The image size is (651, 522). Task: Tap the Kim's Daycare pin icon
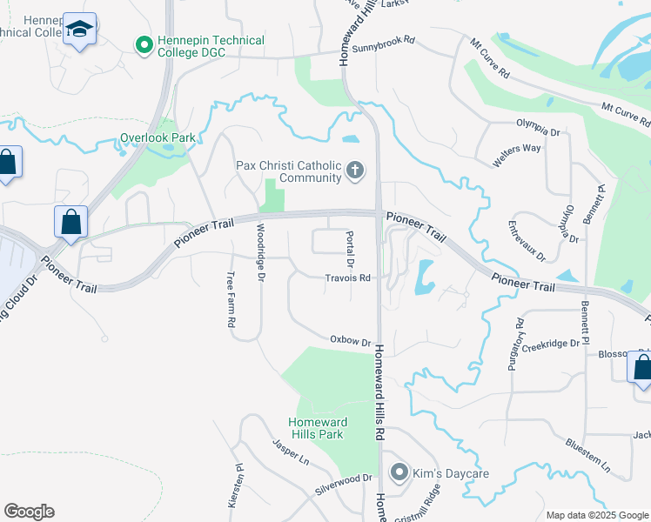399,472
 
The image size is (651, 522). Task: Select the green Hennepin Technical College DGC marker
144,43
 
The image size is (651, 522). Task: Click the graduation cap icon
80,29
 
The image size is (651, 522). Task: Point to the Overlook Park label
158,137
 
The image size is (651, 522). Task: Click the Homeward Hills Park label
318,428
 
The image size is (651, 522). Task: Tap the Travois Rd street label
348,278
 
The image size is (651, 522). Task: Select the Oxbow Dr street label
350,340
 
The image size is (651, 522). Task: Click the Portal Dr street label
352,250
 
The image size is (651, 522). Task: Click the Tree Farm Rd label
232,298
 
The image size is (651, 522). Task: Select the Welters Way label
516,149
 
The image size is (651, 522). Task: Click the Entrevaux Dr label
527,241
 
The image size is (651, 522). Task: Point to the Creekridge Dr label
550,344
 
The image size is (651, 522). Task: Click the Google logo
29,512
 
